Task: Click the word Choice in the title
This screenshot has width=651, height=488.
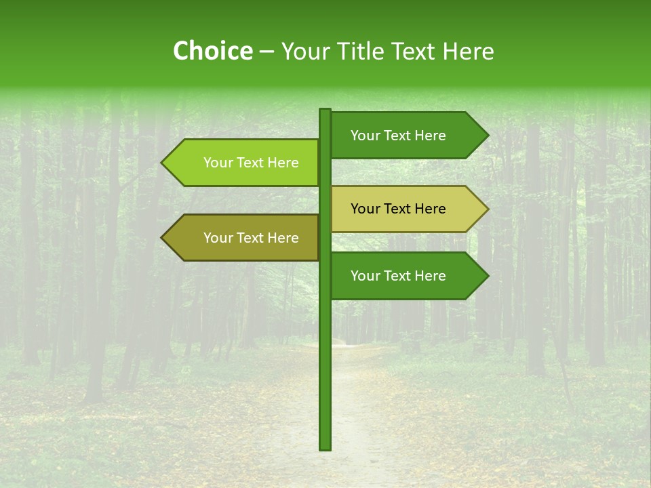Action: coord(212,52)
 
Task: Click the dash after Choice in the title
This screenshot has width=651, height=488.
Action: coord(267,52)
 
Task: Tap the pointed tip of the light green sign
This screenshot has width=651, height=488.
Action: coord(163,163)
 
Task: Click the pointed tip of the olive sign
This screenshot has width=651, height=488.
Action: coord(163,238)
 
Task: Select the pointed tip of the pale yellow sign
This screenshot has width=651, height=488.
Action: coord(487,209)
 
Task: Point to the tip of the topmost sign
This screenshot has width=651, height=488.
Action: coord(487,136)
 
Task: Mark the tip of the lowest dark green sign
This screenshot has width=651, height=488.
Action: coord(487,276)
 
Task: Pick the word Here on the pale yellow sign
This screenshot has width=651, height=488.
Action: coord(429,209)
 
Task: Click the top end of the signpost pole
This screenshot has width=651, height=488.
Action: coord(325,110)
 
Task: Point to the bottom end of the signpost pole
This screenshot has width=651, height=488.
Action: coord(325,448)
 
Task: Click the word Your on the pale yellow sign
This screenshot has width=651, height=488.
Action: coord(366,209)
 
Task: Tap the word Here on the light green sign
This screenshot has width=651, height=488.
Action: coord(282,163)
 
